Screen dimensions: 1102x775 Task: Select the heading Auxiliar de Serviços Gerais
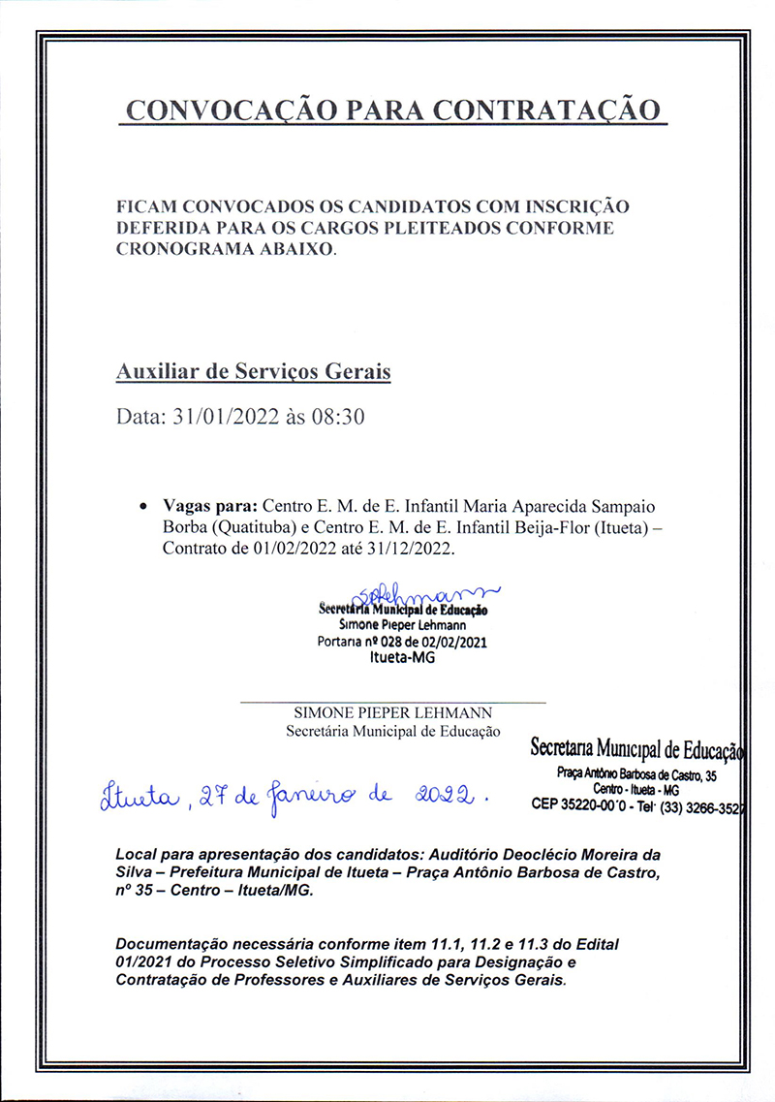(x=253, y=371)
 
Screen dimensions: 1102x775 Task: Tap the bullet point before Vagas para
(x=143, y=507)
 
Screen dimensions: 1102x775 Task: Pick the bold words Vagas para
(x=210, y=506)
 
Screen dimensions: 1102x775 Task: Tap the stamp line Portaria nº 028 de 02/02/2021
(x=403, y=641)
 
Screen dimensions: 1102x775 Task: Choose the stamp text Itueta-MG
(x=403, y=656)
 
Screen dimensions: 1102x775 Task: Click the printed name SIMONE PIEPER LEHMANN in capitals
(x=392, y=713)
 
